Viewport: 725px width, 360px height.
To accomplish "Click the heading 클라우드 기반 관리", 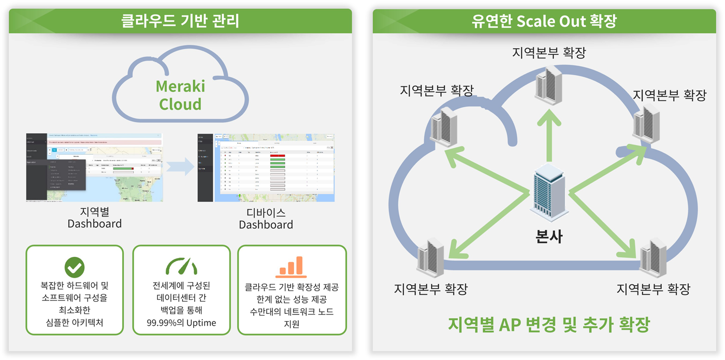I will (180, 21).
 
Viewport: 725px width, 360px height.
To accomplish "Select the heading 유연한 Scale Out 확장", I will (544, 21).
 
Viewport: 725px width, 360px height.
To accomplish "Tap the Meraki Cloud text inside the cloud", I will (180, 95).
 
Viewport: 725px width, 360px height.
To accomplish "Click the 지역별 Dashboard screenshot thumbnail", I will (94, 167).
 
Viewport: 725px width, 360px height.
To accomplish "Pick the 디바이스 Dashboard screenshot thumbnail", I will (266, 168).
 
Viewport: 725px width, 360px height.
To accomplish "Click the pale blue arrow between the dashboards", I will (181, 167).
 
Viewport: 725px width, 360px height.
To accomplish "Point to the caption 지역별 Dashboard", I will (94, 218).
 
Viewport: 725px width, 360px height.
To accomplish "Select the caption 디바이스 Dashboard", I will (266, 219).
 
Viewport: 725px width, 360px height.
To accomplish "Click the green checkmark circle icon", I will (75, 267).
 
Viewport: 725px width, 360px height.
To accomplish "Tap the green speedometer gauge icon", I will (181, 266).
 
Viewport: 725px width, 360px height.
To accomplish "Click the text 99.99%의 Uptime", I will (181, 323).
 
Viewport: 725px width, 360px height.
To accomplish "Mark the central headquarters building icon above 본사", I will (548, 193).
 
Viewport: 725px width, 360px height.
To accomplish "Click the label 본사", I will (548, 236).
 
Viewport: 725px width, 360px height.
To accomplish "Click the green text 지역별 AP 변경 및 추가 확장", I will (548, 325).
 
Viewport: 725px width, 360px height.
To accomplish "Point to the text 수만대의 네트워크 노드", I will (292, 312).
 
